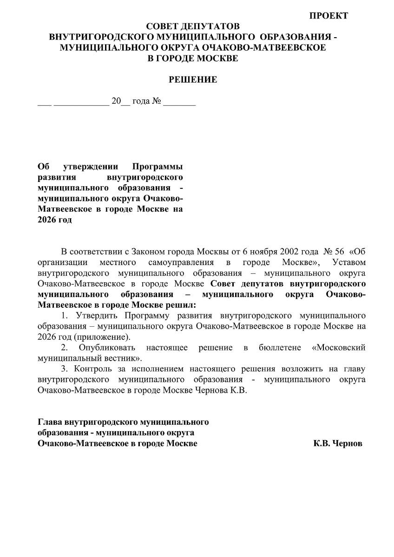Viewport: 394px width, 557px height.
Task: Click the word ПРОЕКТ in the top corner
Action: click(x=328, y=16)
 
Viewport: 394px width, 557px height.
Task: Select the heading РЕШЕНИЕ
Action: click(x=193, y=80)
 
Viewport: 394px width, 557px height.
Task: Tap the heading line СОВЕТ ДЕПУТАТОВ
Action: click(x=193, y=26)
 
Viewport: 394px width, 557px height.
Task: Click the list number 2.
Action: click(x=65, y=348)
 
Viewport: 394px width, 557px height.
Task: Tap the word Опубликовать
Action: click(x=107, y=348)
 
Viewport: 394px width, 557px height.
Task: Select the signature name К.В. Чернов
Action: click(x=337, y=443)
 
